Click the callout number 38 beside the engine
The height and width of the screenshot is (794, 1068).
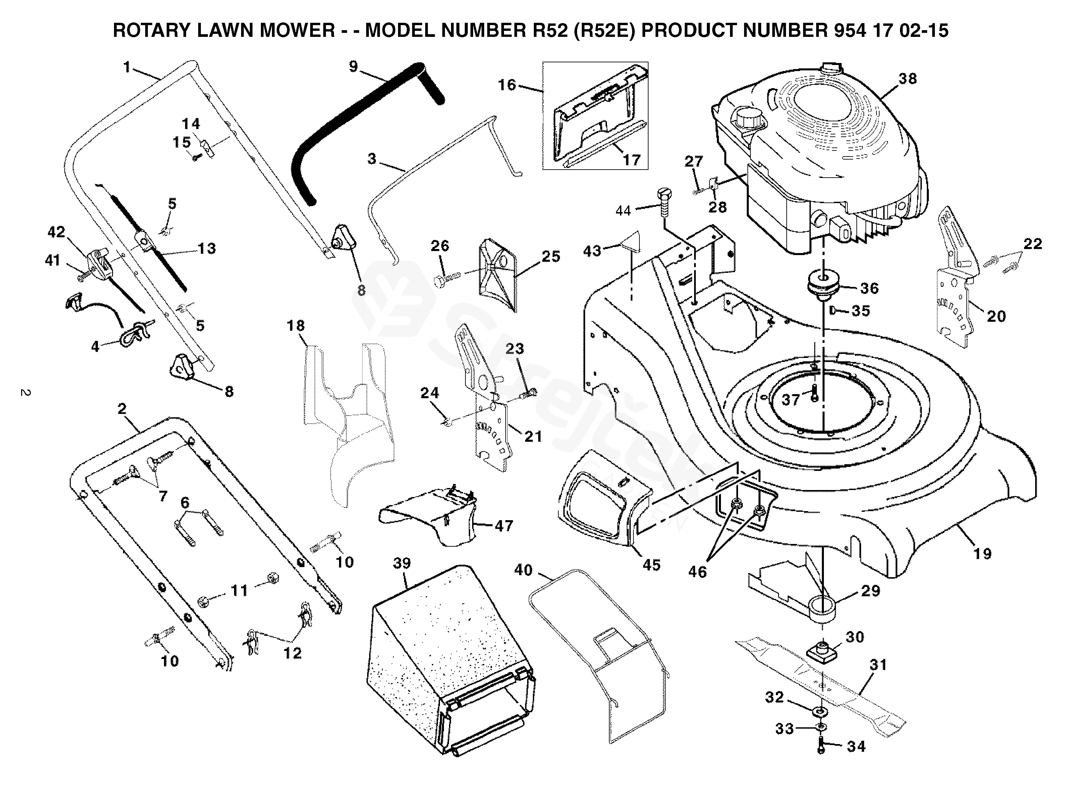[907, 78]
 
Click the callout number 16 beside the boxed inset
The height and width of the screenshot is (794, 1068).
[507, 85]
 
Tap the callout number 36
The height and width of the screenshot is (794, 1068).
[869, 288]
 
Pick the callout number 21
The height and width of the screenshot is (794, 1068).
[533, 436]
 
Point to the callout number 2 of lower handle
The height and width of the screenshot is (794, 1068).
[122, 409]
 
